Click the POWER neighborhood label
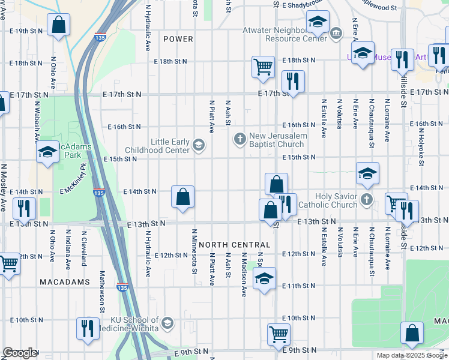pos(178,39)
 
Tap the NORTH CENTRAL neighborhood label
pos(235,245)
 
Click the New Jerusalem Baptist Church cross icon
pos(240,140)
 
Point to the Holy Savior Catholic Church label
pos(337,200)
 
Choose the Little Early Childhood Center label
pos(161,146)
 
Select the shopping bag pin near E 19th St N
pos(58,25)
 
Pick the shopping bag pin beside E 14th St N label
pos(182,196)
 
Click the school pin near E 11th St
pos(264,278)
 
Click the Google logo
pos(19,353)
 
